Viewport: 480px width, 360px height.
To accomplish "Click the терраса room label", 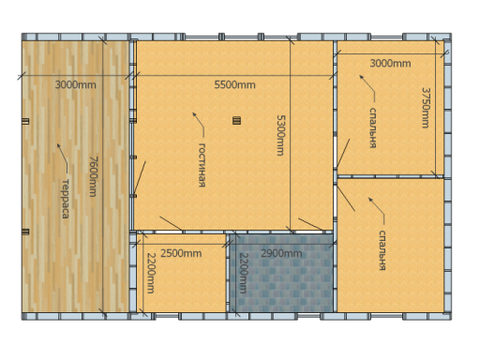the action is tap(66, 199).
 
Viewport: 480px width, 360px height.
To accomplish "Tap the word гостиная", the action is tap(202, 165).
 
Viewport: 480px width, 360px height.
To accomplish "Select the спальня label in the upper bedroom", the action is tap(372, 127).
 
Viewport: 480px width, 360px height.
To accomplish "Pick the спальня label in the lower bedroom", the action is tap(382, 250).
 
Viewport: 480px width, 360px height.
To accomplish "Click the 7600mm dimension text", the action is tap(93, 176).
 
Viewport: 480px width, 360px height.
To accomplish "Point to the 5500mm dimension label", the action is tap(234, 84).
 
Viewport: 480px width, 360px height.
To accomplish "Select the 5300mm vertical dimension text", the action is tap(280, 135).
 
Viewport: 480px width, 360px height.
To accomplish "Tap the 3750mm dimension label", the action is tap(426, 108).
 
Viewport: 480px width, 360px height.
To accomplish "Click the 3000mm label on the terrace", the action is tap(75, 84).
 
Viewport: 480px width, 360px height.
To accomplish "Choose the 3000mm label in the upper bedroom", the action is tap(390, 64).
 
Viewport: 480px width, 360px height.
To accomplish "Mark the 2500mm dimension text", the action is tap(181, 253).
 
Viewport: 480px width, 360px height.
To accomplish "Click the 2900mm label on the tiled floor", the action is tap(281, 253).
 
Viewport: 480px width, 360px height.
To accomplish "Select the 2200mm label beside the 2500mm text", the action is tap(151, 273).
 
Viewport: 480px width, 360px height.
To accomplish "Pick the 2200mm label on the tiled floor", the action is tap(243, 273).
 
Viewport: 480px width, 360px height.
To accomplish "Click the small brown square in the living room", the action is tap(236, 121).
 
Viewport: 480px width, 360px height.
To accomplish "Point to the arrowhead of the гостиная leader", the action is tap(194, 114).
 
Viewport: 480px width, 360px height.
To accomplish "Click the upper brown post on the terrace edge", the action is tap(25, 121).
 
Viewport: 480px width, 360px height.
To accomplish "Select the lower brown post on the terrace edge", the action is tap(25, 232).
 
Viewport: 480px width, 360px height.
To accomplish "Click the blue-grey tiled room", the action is tap(281, 273).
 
